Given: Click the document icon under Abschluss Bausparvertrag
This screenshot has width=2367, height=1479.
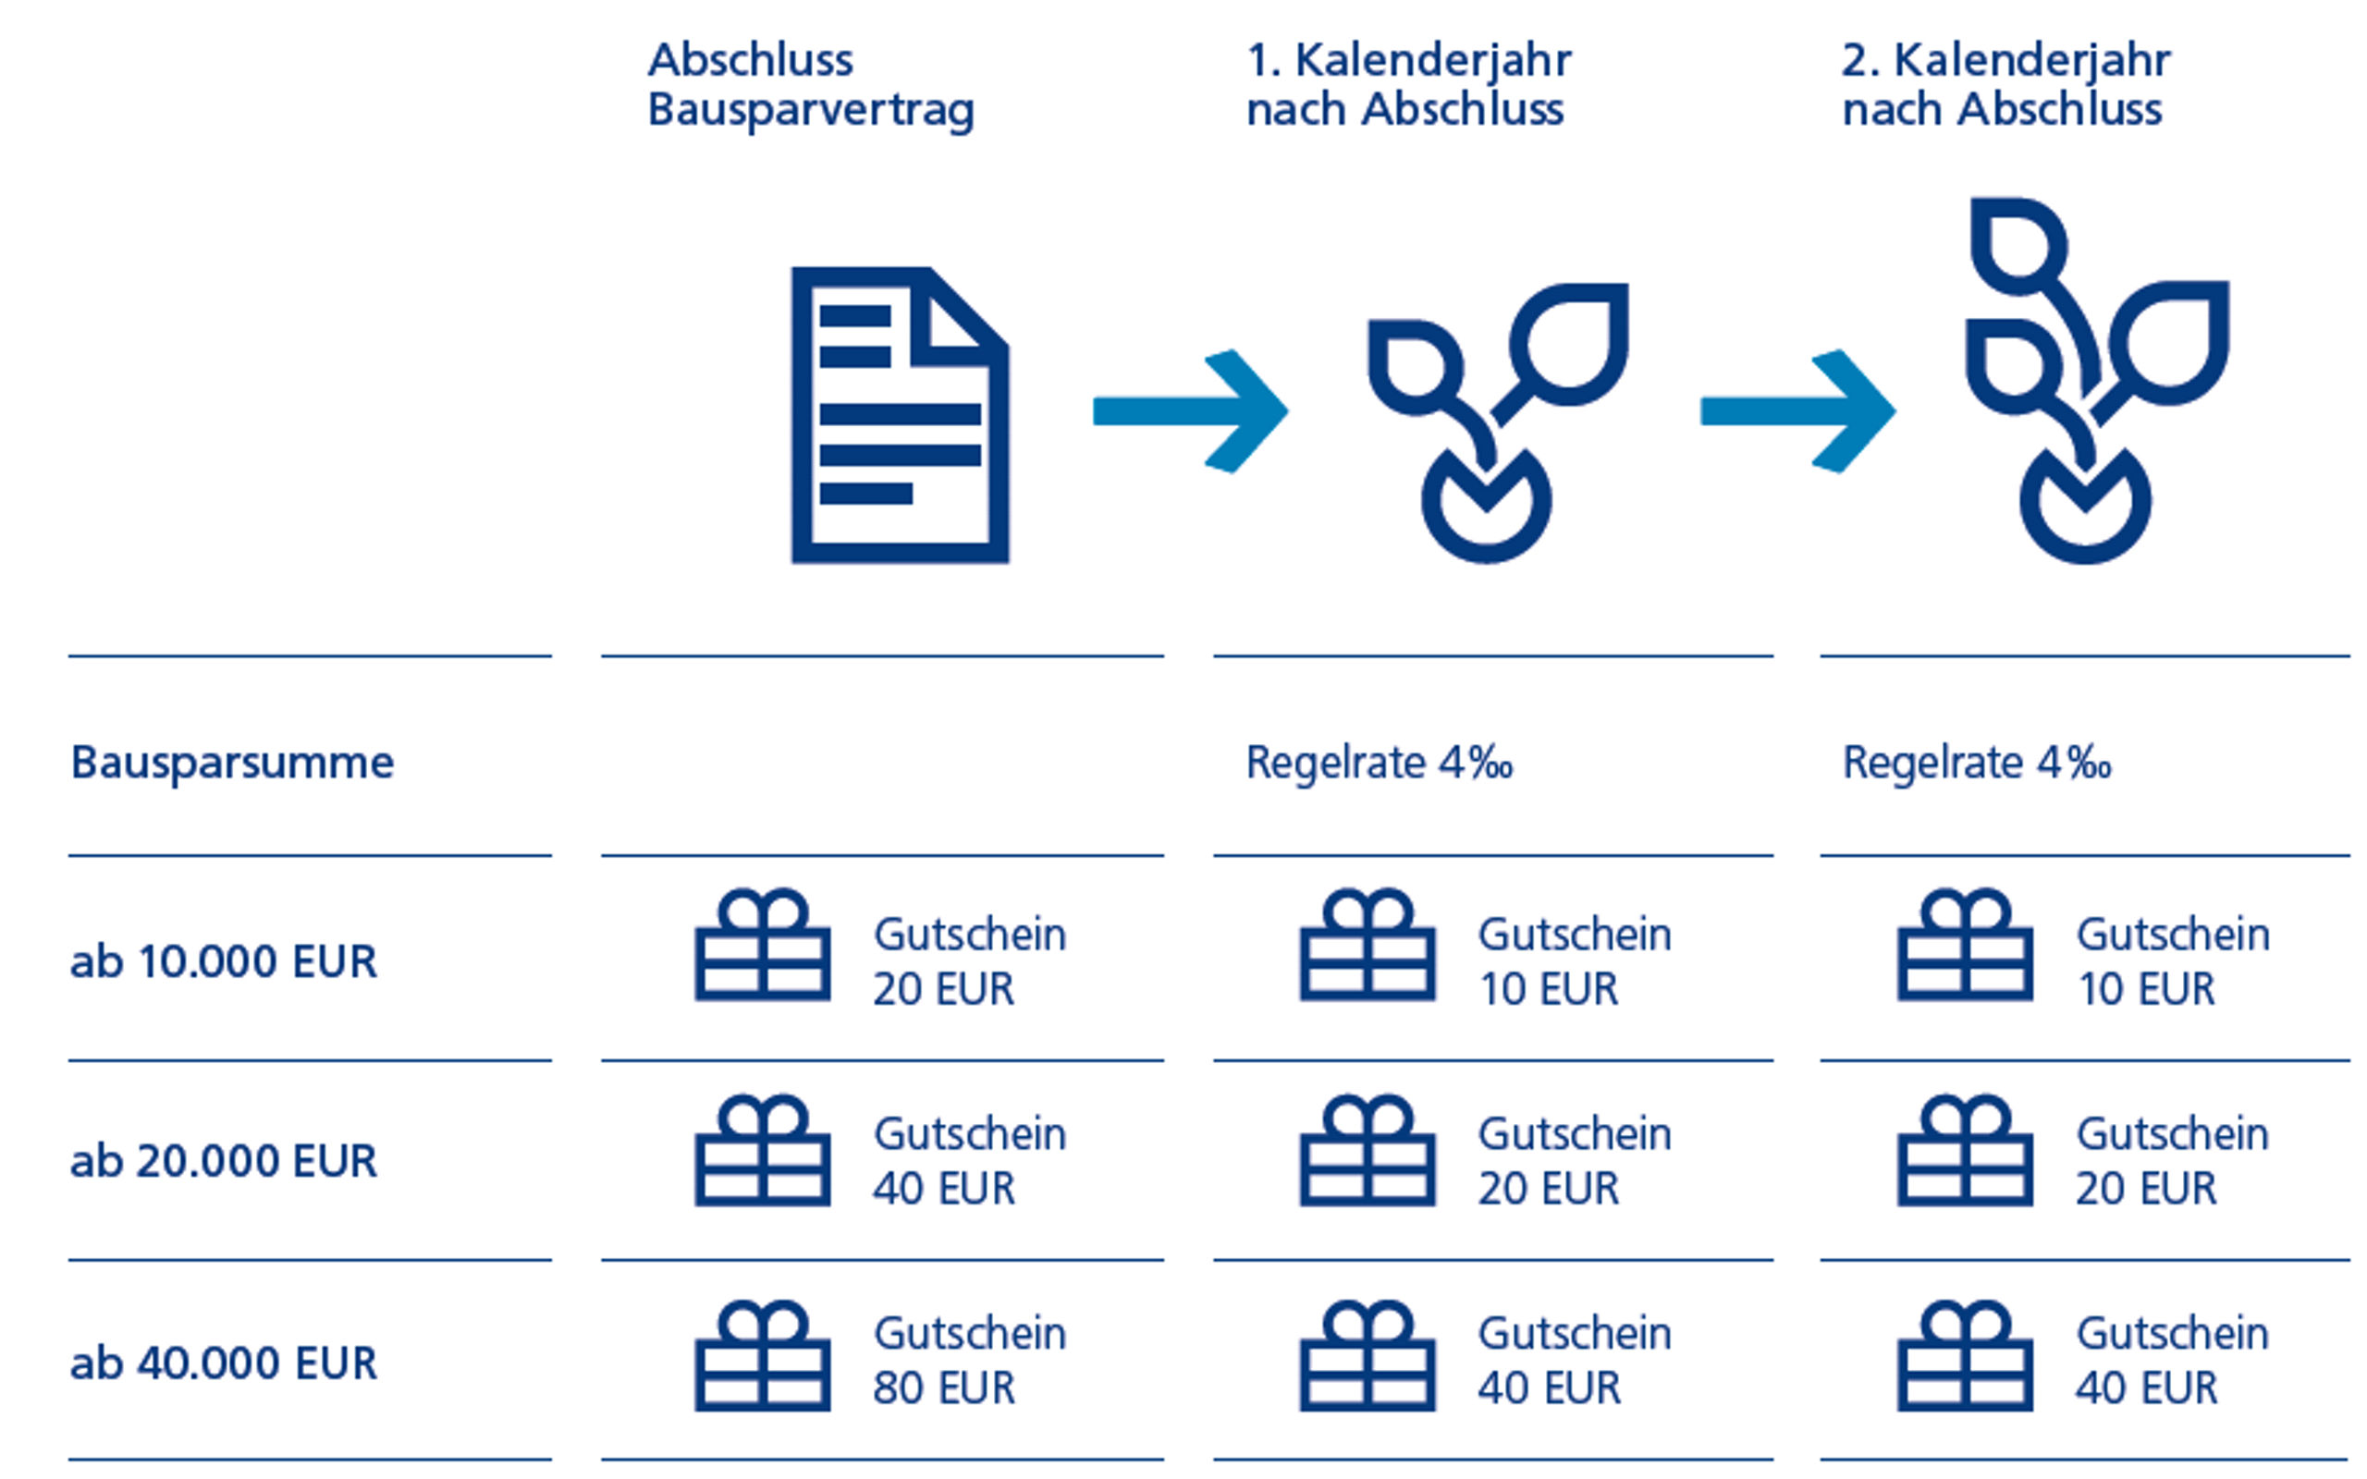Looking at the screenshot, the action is coord(900,415).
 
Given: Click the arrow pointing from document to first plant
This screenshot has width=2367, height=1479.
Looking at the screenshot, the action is coord(1190,410).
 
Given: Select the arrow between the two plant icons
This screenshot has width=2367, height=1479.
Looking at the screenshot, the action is coord(1797,410).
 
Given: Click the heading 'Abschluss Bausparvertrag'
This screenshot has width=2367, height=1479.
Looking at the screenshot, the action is coord(811,84).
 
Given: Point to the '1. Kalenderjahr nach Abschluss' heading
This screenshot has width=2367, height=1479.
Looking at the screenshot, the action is coord(1408,84).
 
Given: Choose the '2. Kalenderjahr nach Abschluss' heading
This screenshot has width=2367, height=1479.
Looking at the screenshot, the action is coord(2006,84).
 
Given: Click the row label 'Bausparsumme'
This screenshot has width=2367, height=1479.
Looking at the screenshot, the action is coord(232,763).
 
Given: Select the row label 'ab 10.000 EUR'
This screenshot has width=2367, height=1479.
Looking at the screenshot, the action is coord(223,961).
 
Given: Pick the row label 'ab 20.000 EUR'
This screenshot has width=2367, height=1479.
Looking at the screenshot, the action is coord(223,1161).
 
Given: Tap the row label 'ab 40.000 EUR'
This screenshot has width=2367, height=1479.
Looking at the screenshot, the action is coord(223,1363).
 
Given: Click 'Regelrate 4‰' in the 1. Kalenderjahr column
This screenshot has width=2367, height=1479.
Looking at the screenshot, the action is coord(1380,763).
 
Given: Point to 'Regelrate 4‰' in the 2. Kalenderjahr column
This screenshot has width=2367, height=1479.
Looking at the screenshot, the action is coord(1977,763).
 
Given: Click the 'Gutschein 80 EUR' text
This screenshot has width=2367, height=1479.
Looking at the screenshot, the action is coord(969,1361).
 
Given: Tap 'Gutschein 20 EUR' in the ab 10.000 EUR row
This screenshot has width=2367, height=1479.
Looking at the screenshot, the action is coord(969,961).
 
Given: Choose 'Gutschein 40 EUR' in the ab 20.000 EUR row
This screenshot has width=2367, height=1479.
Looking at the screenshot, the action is coord(969,1161).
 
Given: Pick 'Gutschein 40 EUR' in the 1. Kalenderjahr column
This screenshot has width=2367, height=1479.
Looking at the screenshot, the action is coord(1575,1361).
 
